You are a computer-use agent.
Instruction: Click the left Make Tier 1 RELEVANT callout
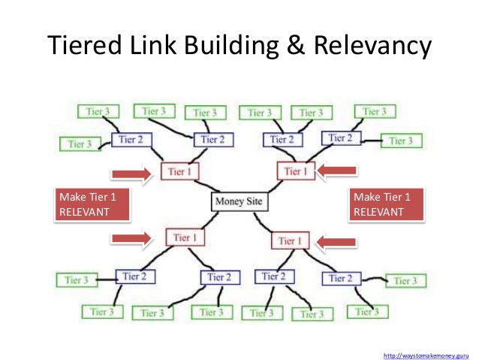click(93, 204)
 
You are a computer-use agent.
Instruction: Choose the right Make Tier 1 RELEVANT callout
click(386, 204)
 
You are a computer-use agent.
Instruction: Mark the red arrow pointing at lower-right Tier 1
click(336, 241)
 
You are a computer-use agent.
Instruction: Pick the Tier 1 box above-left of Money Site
click(180, 172)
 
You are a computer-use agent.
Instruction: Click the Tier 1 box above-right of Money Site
click(296, 171)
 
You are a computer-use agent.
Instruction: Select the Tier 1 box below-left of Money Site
click(184, 238)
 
